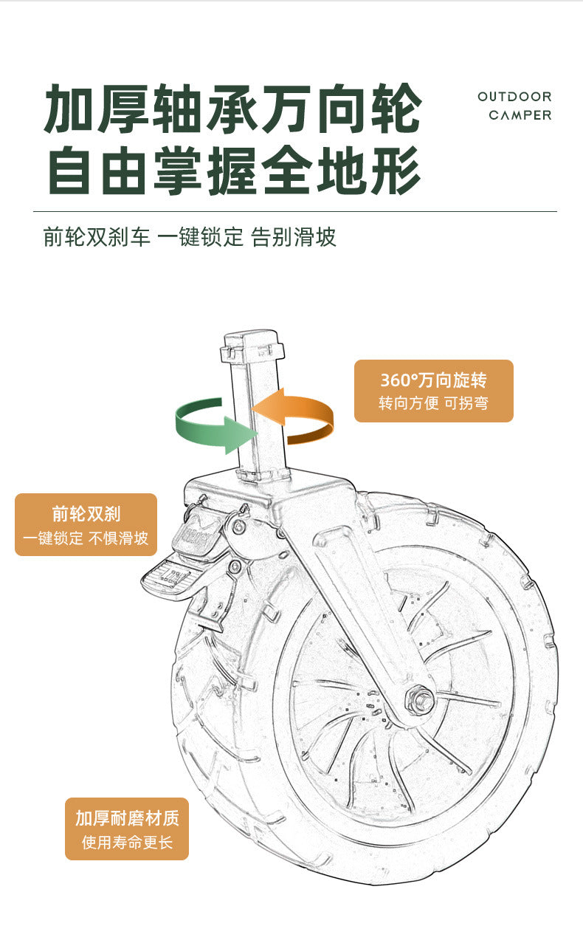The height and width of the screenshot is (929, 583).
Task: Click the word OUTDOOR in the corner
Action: click(514, 97)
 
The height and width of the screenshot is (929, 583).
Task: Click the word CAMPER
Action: click(520, 115)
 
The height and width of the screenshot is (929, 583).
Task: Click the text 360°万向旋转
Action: click(433, 380)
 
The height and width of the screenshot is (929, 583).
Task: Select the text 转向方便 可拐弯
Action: click(433, 402)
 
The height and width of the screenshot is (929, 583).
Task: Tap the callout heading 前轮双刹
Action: click(86, 514)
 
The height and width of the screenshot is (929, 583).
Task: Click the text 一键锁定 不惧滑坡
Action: click(86, 538)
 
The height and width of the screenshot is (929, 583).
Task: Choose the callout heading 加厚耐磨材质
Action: click(127, 818)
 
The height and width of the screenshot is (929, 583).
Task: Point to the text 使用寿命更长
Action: click(127, 843)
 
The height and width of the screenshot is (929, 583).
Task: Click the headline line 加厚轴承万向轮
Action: click(233, 109)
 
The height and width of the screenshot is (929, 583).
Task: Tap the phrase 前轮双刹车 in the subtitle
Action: click(97, 237)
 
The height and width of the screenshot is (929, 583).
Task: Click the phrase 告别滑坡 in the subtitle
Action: click(294, 237)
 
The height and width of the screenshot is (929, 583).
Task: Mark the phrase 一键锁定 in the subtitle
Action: click(201, 237)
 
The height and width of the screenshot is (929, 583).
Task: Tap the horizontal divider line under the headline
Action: click(295, 211)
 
